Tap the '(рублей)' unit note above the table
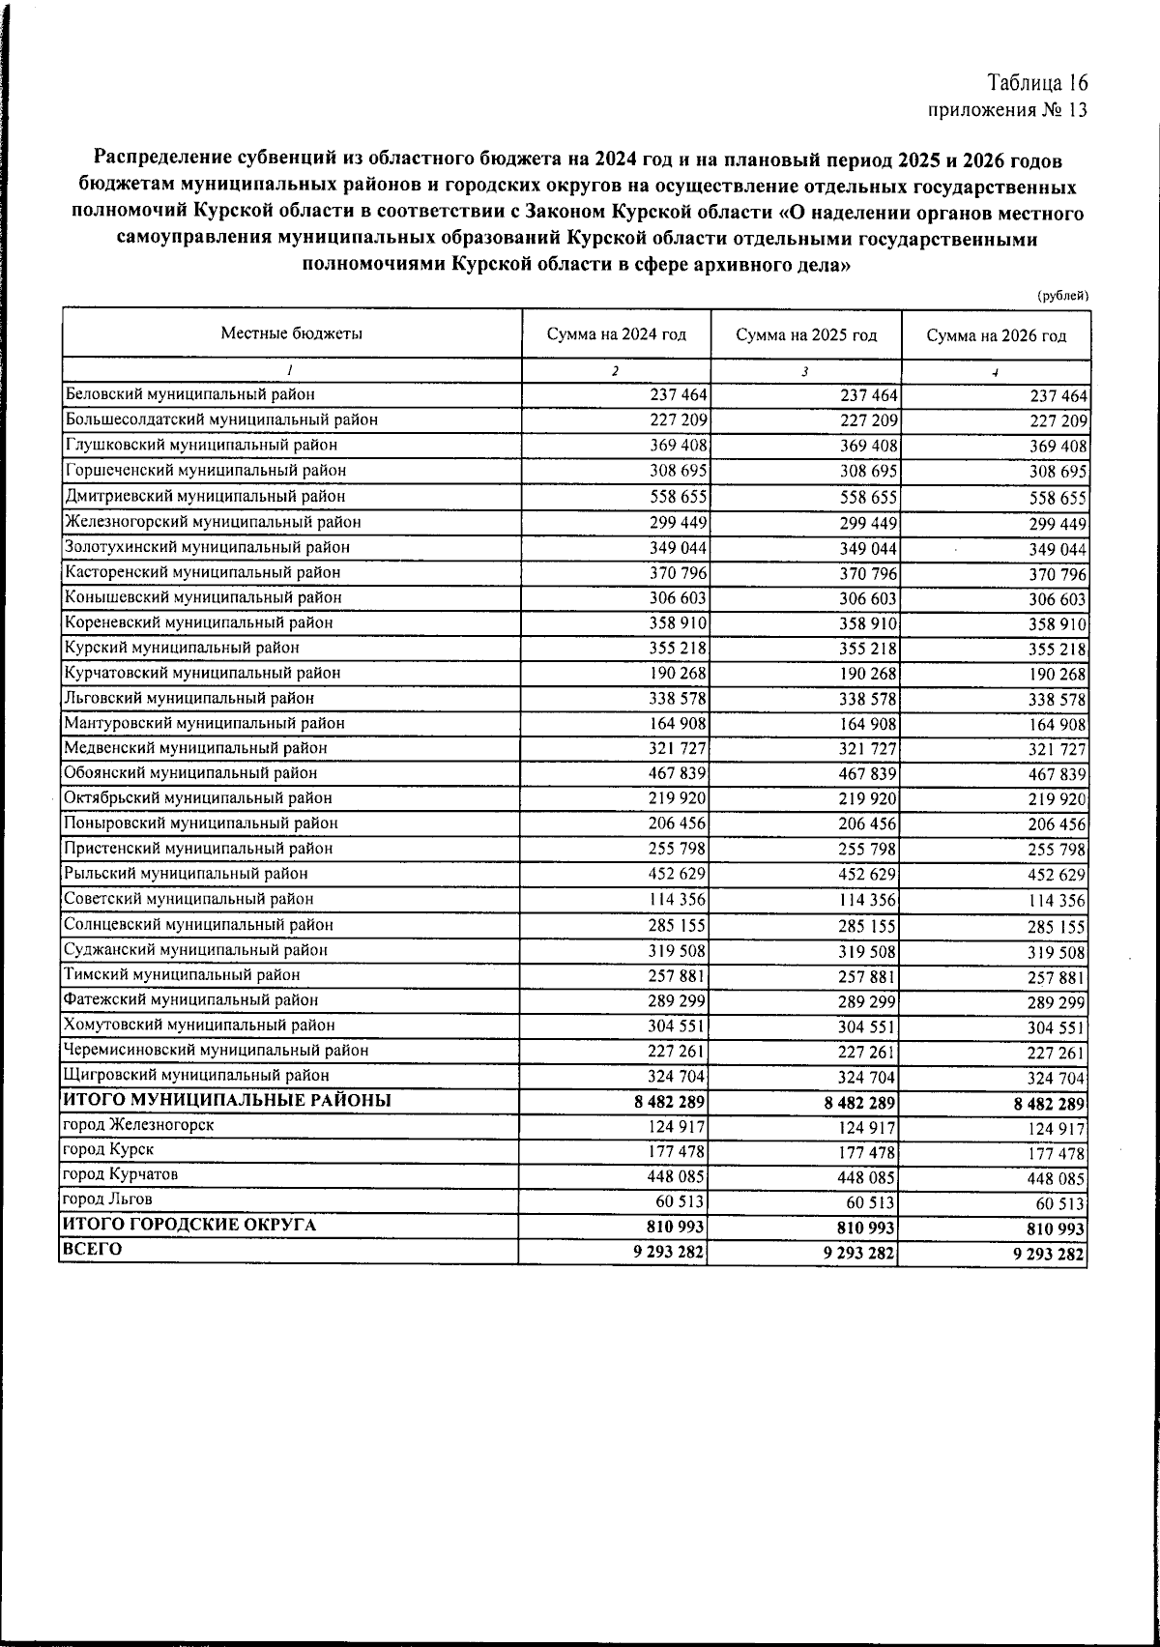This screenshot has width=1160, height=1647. point(1062,295)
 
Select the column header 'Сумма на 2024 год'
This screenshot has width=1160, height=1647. point(616,335)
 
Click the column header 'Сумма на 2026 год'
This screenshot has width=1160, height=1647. point(996,336)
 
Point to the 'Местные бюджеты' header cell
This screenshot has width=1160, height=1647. point(292,334)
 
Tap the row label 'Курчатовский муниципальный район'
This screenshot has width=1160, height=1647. point(202,673)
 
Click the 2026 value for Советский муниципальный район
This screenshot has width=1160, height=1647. point(1058,901)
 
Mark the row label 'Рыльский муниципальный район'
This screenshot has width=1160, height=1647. point(186,874)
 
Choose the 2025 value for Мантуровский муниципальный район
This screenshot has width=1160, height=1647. point(868,724)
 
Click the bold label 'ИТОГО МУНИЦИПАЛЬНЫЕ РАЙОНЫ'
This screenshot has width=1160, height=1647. point(227,1100)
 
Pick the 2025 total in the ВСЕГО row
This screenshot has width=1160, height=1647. point(860,1254)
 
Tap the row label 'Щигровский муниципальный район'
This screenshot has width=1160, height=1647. point(196,1075)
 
